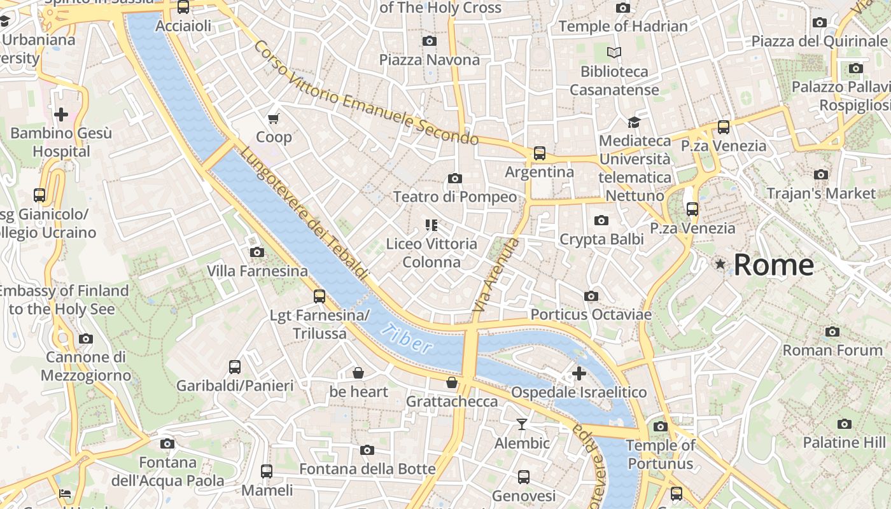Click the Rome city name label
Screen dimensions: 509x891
[x=773, y=265]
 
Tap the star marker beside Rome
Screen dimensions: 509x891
[x=720, y=263]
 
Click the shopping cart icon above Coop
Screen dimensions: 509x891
[x=274, y=118]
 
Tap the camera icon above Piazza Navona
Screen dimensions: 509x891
[x=430, y=41]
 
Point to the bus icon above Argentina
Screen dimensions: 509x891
[x=540, y=153]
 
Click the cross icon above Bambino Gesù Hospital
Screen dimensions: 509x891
[x=61, y=115]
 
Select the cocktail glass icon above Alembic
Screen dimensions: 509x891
[x=522, y=424]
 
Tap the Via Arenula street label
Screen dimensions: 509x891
[x=496, y=274]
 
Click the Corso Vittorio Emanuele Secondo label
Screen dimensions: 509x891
[x=365, y=93]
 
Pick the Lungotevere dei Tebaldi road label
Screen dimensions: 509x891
[x=304, y=213]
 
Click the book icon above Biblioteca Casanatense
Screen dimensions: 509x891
[x=614, y=53]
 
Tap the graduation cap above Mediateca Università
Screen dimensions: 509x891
[x=634, y=122]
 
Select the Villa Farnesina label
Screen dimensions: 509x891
[x=257, y=271]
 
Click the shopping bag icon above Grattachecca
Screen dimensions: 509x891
[x=451, y=382]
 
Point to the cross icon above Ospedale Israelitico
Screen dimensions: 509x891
[x=579, y=373]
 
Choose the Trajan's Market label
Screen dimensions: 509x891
[x=821, y=193]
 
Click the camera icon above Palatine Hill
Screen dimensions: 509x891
[x=844, y=424]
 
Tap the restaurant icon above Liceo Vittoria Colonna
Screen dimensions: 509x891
[x=431, y=225]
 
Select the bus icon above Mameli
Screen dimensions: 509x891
[x=267, y=471]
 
